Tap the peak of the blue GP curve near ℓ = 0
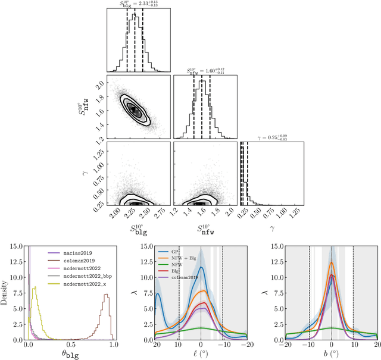[201, 268]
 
